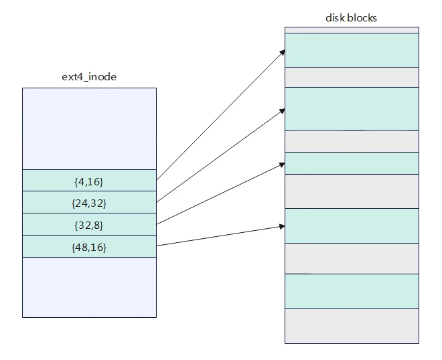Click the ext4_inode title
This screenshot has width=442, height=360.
[89, 77]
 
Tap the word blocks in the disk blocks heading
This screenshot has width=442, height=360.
[362, 18]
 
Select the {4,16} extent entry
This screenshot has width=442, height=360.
[89, 180]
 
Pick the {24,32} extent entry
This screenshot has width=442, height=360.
[89, 202]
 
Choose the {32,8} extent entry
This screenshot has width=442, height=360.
[89, 224]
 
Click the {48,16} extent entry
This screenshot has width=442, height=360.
[89, 246]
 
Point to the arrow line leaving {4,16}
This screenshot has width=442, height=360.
[221, 114]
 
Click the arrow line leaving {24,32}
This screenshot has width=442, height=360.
[221, 155]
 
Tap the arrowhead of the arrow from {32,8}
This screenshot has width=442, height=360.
[282, 165]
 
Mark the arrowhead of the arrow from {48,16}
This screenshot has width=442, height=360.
[282, 226]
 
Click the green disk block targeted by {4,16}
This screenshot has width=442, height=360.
[352, 50]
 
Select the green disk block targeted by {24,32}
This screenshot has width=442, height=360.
[352, 108]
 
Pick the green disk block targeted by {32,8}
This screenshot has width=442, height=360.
[352, 163]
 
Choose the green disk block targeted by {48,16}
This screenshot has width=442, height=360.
[352, 226]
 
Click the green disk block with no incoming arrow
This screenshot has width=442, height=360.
[352, 291]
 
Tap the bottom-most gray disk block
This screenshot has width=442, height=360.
[352, 326]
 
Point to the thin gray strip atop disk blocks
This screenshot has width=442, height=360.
[352, 30]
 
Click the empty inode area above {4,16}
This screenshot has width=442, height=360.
[89, 128]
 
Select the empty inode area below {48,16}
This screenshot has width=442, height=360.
[89, 287]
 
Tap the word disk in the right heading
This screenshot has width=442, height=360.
[336, 18]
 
